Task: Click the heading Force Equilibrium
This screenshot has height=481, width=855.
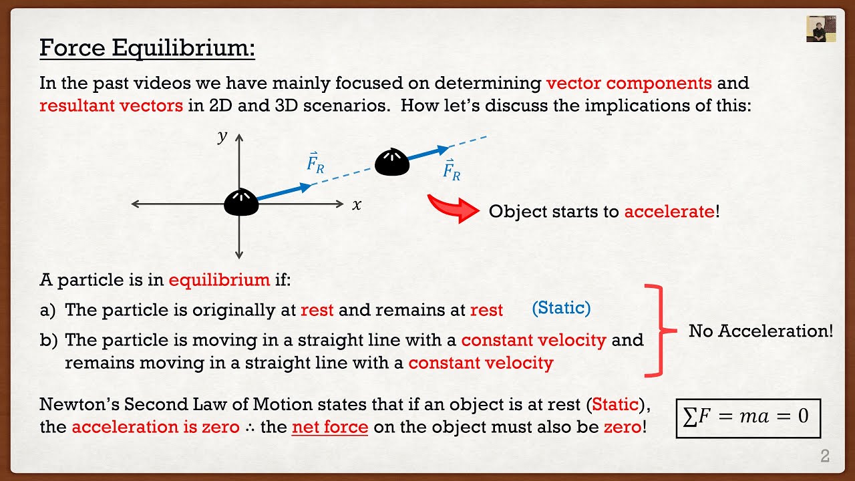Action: click(148, 48)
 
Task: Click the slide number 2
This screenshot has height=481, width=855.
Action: click(825, 456)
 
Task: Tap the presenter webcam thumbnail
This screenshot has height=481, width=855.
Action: click(820, 29)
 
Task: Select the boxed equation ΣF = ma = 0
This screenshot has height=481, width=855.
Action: click(747, 417)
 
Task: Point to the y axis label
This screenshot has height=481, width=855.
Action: click(222, 137)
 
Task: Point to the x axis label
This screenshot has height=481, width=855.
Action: click(357, 205)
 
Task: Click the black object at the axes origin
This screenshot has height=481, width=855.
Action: click(241, 202)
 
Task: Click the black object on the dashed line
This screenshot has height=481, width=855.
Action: click(391, 162)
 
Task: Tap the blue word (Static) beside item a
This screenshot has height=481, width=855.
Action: click(561, 308)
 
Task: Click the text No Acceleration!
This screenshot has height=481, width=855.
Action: click(761, 331)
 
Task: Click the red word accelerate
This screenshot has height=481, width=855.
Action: click(669, 212)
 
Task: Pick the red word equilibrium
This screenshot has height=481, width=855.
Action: click(219, 279)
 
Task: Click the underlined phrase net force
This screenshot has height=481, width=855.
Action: click(330, 427)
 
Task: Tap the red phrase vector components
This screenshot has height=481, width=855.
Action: click(629, 84)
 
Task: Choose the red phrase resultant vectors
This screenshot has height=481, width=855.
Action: click(111, 106)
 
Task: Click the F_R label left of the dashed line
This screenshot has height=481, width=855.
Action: click(315, 162)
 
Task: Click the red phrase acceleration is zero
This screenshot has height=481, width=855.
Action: click(155, 427)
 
